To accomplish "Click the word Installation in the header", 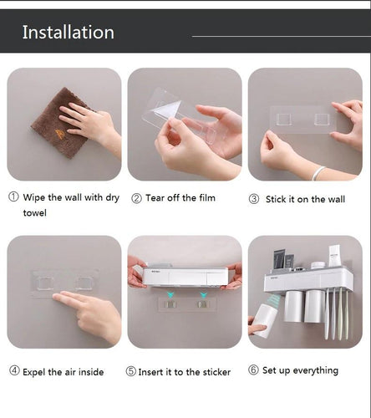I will [68, 33].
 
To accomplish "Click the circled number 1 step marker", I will [13, 198].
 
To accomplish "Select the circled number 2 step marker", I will [136, 198].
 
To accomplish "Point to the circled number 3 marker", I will [254, 199].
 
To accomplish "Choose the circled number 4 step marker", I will [13, 371].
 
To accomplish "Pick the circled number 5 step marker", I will [131, 371].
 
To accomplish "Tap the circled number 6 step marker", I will [252, 370].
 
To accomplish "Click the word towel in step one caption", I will [35, 213].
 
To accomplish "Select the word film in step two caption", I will [206, 198].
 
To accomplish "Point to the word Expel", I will [38, 371].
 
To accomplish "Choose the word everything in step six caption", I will [315, 370].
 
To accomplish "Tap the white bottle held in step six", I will [267, 317].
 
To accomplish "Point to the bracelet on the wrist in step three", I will [319, 172].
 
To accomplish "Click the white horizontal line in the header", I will [281, 36].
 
